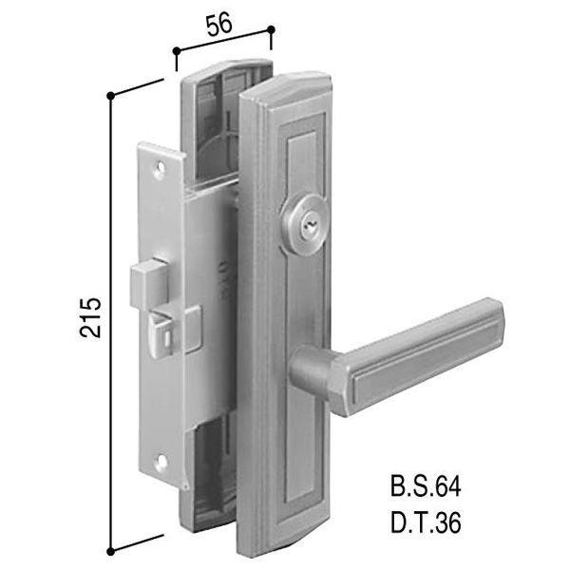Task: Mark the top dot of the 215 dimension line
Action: [111, 95]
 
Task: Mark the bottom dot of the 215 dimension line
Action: [111, 549]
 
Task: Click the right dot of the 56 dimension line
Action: [270, 30]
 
